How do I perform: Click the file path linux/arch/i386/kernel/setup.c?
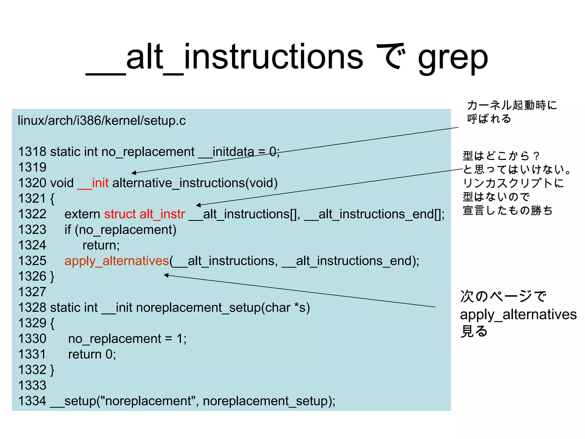click(x=101, y=120)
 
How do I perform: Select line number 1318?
click(x=32, y=152)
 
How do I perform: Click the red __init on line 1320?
click(x=93, y=183)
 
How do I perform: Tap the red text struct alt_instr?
click(x=144, y=214)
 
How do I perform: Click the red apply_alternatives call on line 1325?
click(x=117, y=261)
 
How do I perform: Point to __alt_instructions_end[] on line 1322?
click(x=374, y=214)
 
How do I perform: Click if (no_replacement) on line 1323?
click(x=120, y=230)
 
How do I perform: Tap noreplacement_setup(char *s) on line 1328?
click(x=223, y=308)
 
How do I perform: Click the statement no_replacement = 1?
click(x=127, y=339)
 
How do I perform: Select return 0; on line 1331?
click(x=92, y=354)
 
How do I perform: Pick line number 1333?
click(x=32, y=386)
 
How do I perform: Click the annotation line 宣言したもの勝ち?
click(x=508, y=211)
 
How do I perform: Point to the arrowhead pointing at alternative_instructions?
click(x=133, y=173)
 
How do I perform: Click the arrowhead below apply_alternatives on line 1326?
click(x=166, y=275)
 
